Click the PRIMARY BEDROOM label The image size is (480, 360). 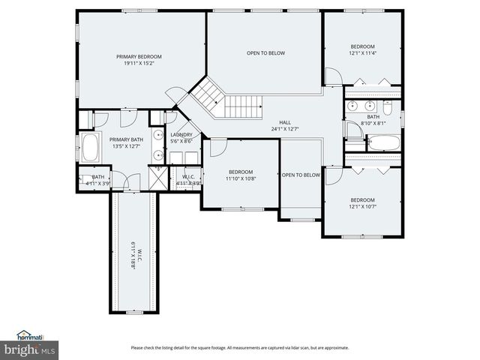click(139, 56)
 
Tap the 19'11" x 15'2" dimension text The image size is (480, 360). click(139, 64)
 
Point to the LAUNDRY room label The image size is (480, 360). click(181, 134)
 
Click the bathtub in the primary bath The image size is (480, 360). click(90, 148)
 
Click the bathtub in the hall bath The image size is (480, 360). click(383, 142)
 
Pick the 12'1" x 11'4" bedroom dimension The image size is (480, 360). click(362, 53)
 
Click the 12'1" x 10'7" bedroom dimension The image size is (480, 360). click(362, 206)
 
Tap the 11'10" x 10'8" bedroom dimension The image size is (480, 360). click(241, 178)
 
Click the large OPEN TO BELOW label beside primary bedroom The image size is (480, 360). click(265, 53)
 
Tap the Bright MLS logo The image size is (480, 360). click(29, 349)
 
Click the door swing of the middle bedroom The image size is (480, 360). click(217, 147)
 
